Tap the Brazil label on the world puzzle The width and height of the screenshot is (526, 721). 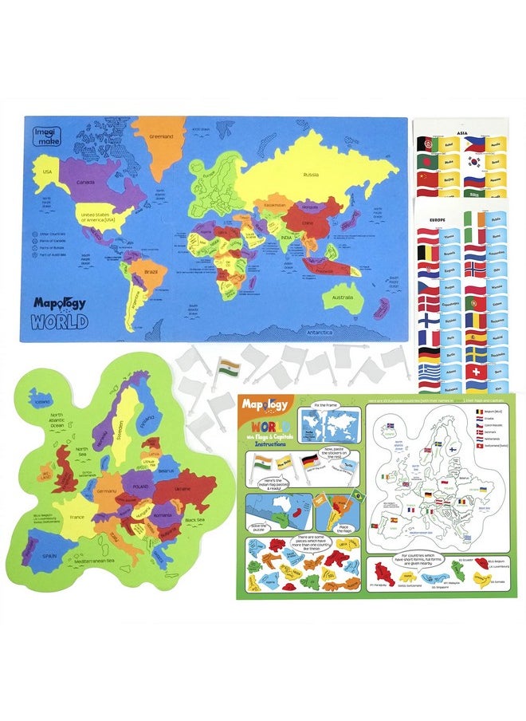[x=150, y=272]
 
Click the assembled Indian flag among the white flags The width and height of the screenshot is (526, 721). [x=228, y=368]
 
